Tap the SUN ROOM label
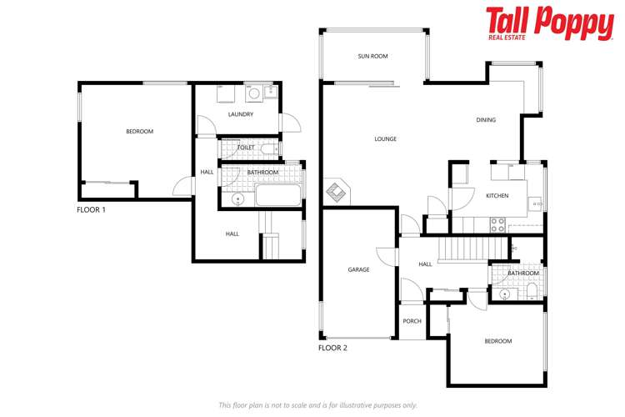372,56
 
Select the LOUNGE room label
385,139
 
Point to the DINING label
485,120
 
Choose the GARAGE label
358,269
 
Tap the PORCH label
412,321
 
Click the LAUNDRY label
240,114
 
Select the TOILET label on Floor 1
246,148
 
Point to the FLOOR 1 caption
92,210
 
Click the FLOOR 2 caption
332,347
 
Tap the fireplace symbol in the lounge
336,193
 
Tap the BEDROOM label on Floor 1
139,132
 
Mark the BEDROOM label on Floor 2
497,341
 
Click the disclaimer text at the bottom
317,404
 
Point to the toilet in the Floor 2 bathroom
531,291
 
